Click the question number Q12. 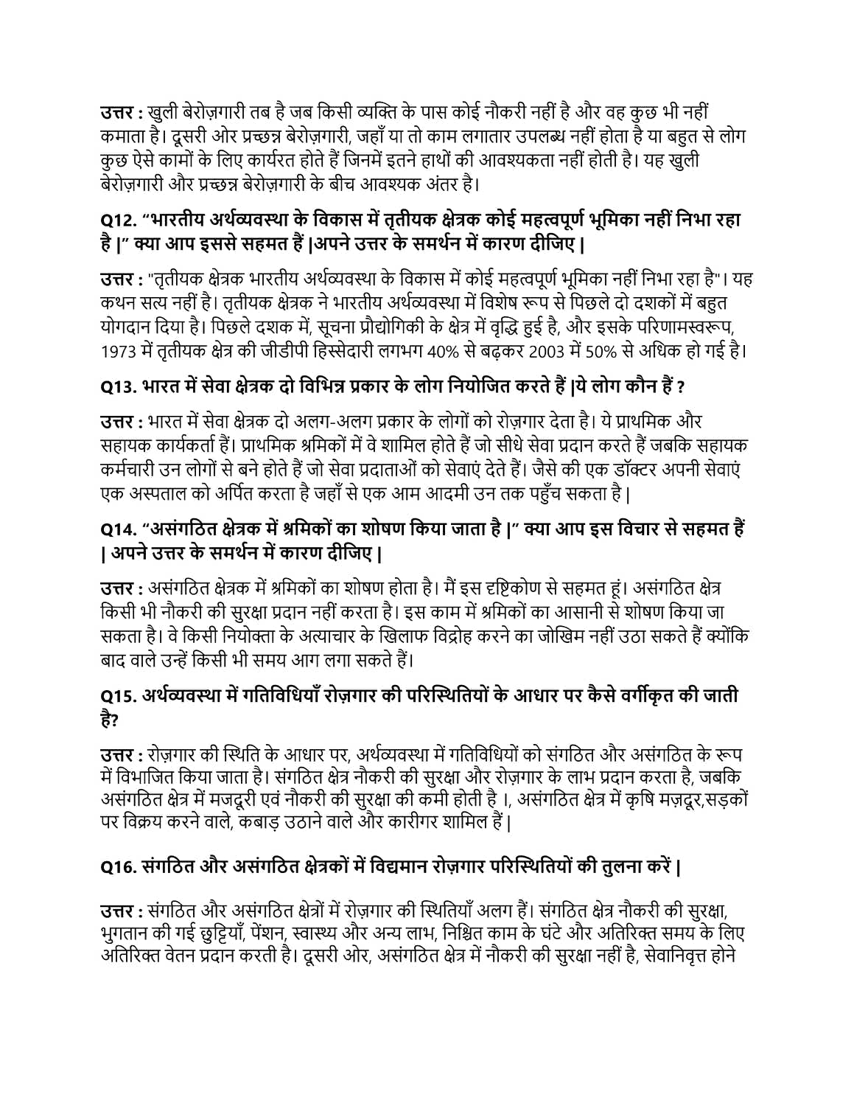coord(116,220)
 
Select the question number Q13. coord(116,386)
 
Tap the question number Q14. coord(116,529)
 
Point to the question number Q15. coord(116,696)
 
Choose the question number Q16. coord(116,866)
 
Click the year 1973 coord(118,350)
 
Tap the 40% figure coord(443,350)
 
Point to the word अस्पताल coord(153,493)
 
